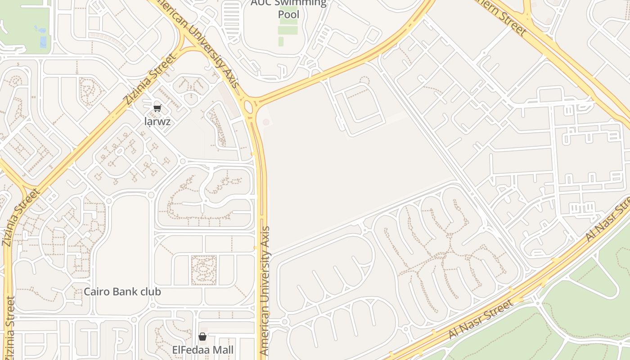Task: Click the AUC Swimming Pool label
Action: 288,8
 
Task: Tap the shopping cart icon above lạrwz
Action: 157,108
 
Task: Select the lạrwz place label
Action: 157,121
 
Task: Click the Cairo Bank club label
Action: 122,292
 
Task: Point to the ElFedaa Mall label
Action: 202,350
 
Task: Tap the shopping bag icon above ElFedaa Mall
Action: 202,337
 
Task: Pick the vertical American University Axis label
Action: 265,291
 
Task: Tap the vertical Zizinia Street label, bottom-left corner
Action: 10,328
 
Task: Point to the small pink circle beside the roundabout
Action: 266,122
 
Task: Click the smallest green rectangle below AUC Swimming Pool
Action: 281,41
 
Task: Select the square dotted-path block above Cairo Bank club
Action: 203,270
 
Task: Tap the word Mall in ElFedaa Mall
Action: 222,350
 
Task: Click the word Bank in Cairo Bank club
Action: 123,292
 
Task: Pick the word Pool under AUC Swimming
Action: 288,14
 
